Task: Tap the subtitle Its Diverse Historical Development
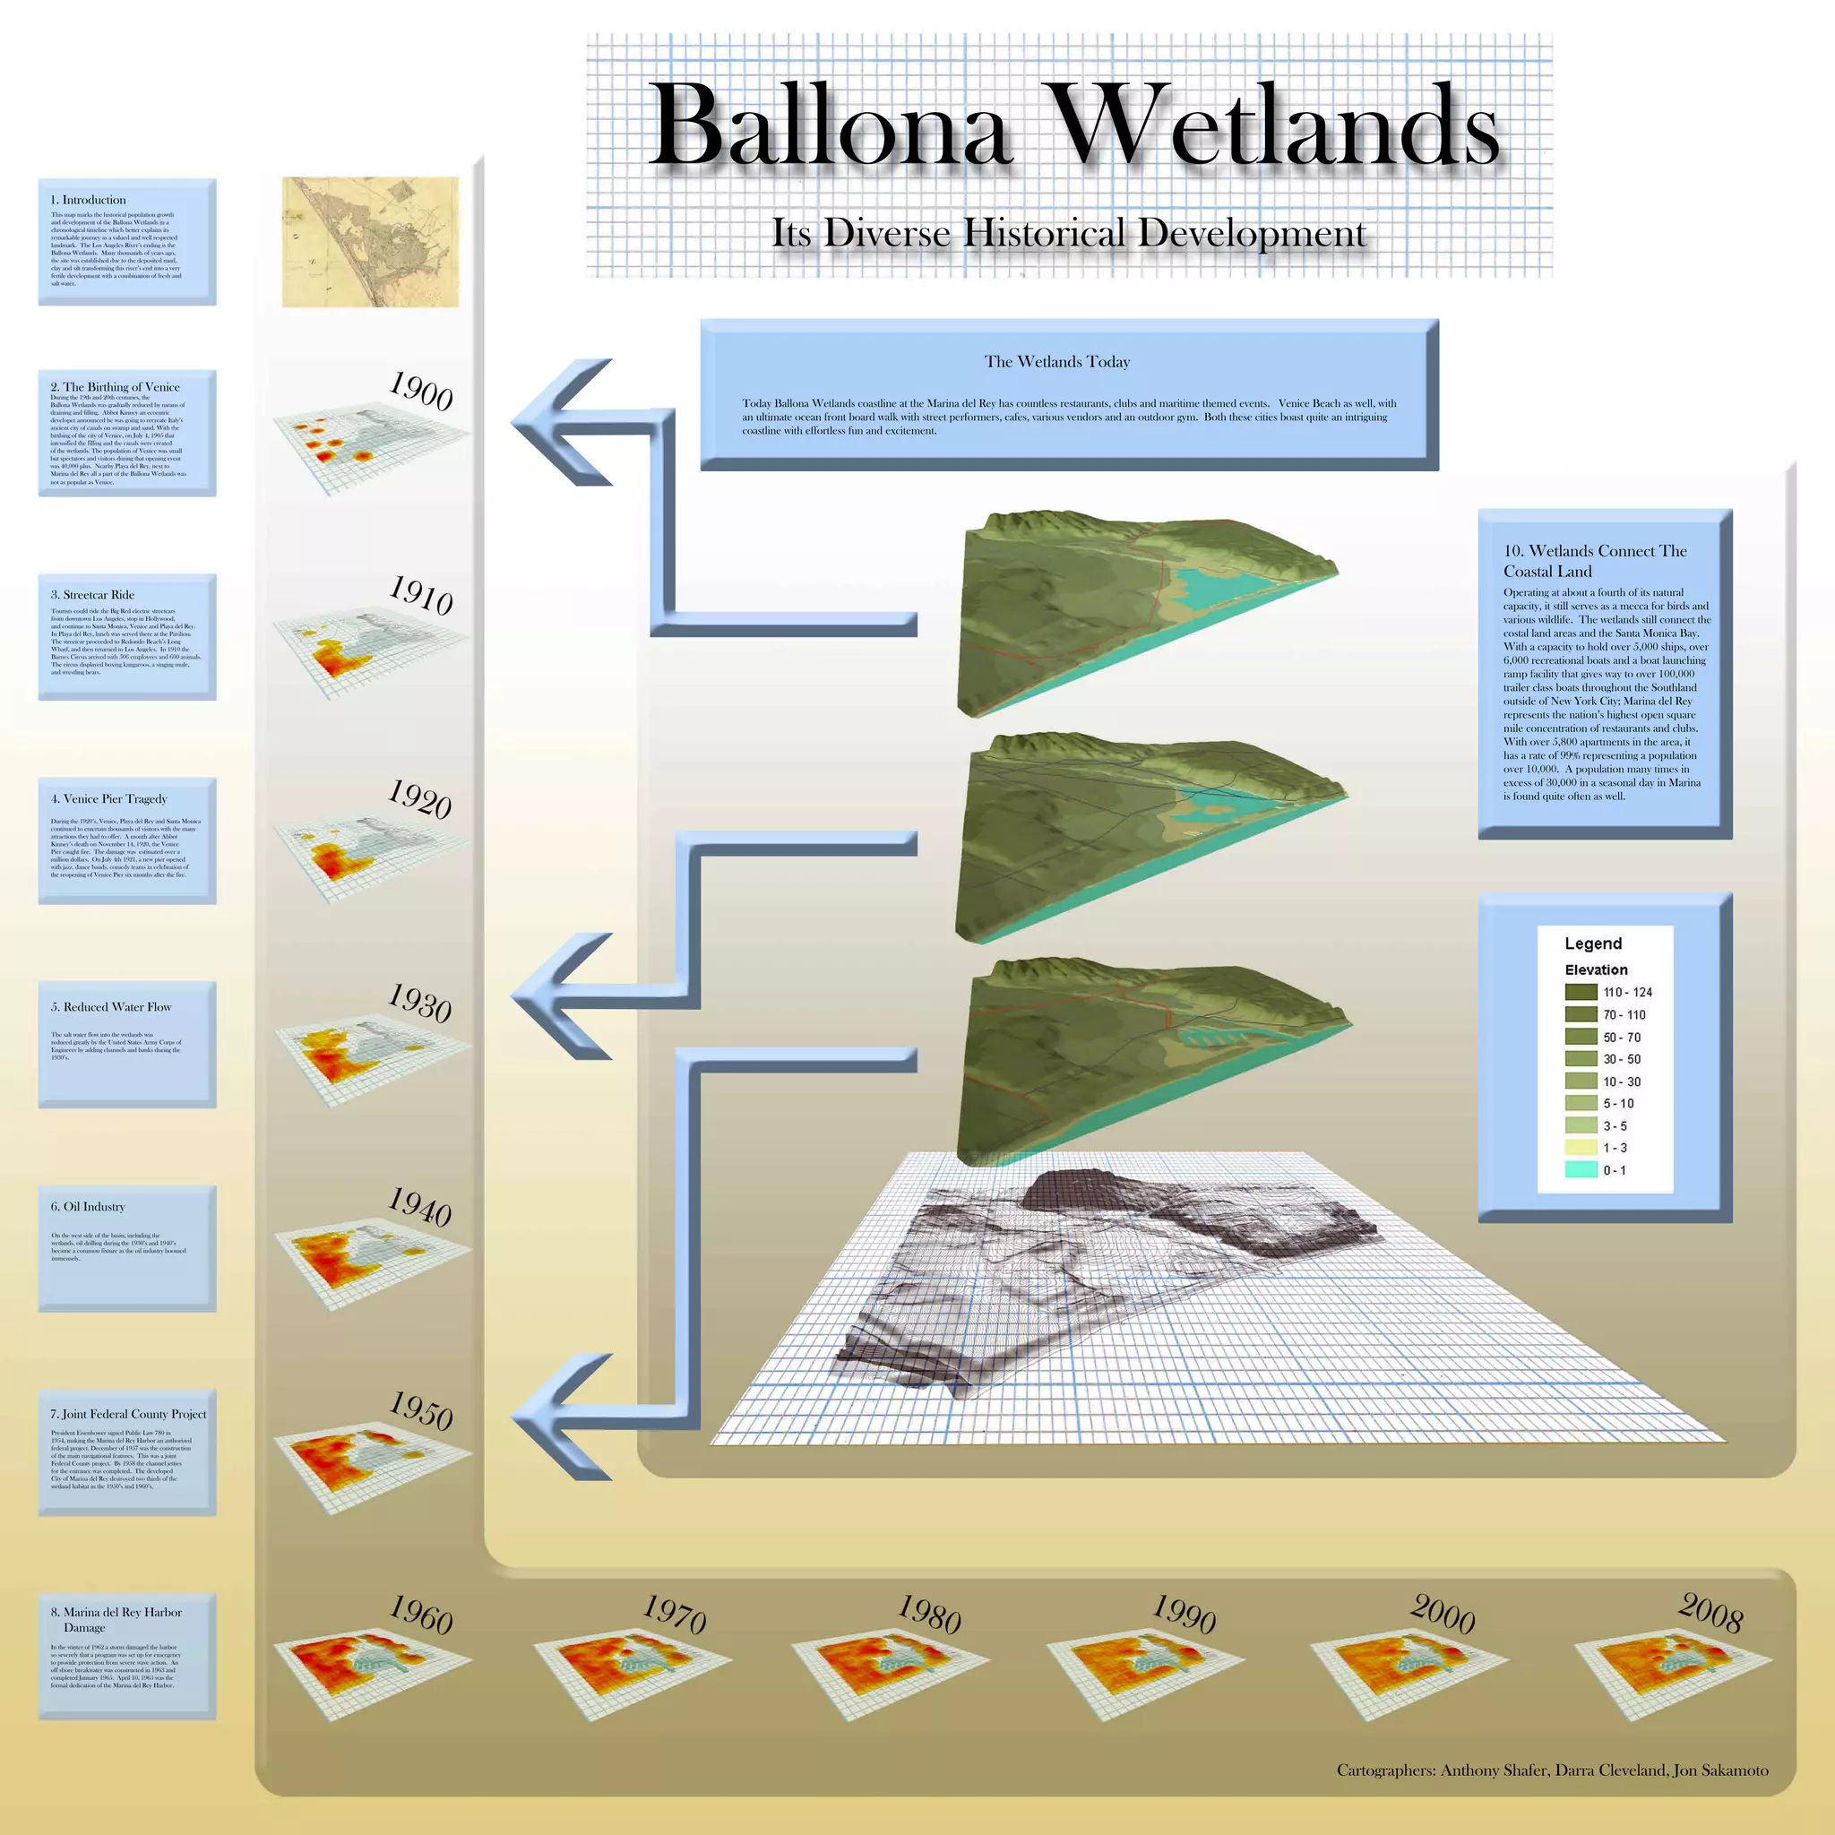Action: (x=1069, y=234)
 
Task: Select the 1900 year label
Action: (x=421, y=392)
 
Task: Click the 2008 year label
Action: (x=1710, y=1613)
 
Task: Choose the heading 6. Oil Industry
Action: (x=89, y=1206)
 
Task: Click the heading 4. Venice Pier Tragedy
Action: (x=109, y=798)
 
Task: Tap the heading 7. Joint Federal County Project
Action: (x=128, y=1413)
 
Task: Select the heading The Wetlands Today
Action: (x=1057, y=362)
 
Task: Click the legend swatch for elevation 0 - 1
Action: (x=1581, y=1170)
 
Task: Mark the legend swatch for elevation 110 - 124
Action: (x=1581, y=992)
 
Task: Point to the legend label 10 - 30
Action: (x=1621, y=1081)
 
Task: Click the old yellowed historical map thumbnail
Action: (x=370, y=242)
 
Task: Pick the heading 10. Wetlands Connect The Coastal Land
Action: (x=1594, y=560)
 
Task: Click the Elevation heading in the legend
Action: (x=1596, y=969)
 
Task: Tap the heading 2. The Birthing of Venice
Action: (x=115, y=386)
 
